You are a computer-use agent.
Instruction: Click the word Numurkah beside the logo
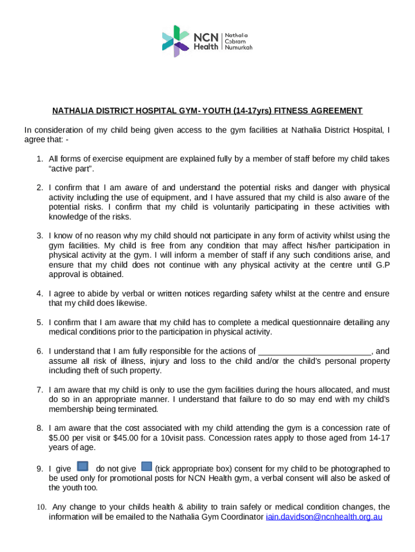pos(239,47)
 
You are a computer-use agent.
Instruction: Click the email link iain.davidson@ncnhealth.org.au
pos(324,517)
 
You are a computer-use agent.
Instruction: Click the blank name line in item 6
pos(315,351)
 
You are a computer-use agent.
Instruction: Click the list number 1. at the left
pos(40,159)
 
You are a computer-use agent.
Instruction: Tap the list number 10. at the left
pos(42,507)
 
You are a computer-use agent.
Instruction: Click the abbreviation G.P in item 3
pos(382,265)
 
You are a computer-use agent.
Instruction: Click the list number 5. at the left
pos(40,322)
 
